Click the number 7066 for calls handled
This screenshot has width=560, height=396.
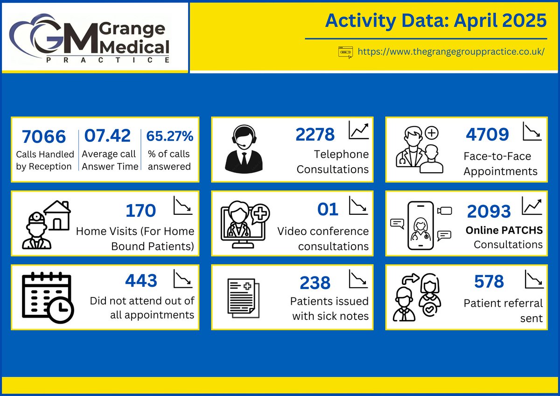pos(44,137)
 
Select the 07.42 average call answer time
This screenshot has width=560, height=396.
pos(107,136)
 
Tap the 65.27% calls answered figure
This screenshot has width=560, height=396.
pos(169,136)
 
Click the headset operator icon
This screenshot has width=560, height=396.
pos(244,148)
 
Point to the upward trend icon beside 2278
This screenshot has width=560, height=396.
pos(358,130)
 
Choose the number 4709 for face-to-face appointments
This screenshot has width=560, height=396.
pos(487,134)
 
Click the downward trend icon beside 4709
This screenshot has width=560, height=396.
pos(532,131)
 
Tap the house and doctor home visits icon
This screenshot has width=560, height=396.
pos(46,224)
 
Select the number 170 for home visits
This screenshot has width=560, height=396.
pos(140,210)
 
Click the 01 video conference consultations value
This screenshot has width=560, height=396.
pos(328,210)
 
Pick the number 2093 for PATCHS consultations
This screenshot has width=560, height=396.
pos(489,212)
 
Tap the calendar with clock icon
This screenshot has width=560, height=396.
pos(47,297)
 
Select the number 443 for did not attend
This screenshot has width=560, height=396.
pos(141,281)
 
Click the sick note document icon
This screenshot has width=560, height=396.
pos(243,297)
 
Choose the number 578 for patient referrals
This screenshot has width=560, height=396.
pos(489,282)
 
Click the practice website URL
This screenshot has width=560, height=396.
pos(451,51)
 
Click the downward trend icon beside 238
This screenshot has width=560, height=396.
pos(358,279)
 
